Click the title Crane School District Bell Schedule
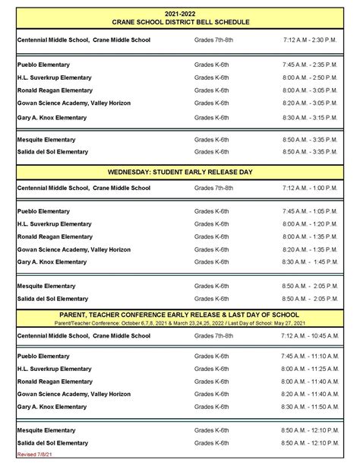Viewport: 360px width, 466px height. [181, 23]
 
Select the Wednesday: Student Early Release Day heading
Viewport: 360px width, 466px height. [181, 172]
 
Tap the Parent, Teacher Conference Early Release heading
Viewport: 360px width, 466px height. [181, 314]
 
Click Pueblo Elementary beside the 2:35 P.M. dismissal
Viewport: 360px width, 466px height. [43, 65]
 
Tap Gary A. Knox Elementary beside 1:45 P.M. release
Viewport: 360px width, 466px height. [52, 262]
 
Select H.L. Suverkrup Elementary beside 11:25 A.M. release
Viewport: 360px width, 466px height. [54, 369]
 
